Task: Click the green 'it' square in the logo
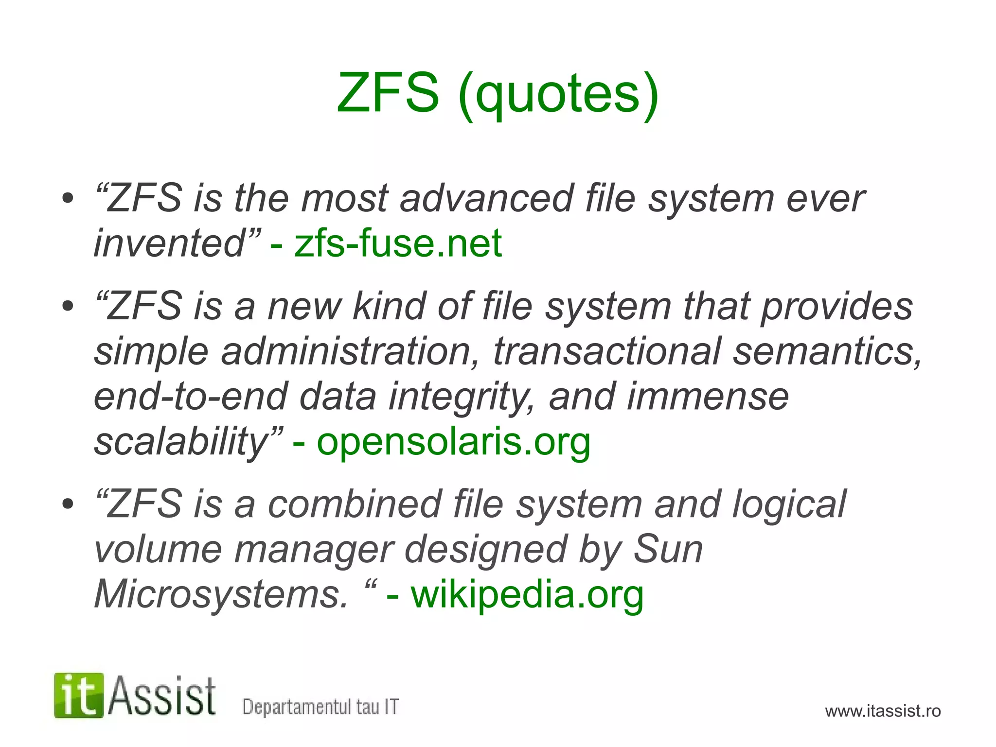click(79, 695)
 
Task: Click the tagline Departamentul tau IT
click(320, 707)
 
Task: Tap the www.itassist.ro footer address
click(883, 711)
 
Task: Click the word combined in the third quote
click(355, 504)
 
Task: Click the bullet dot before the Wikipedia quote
click(68, 504)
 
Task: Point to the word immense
click(708, 397)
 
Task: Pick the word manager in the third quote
click(313, 550)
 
